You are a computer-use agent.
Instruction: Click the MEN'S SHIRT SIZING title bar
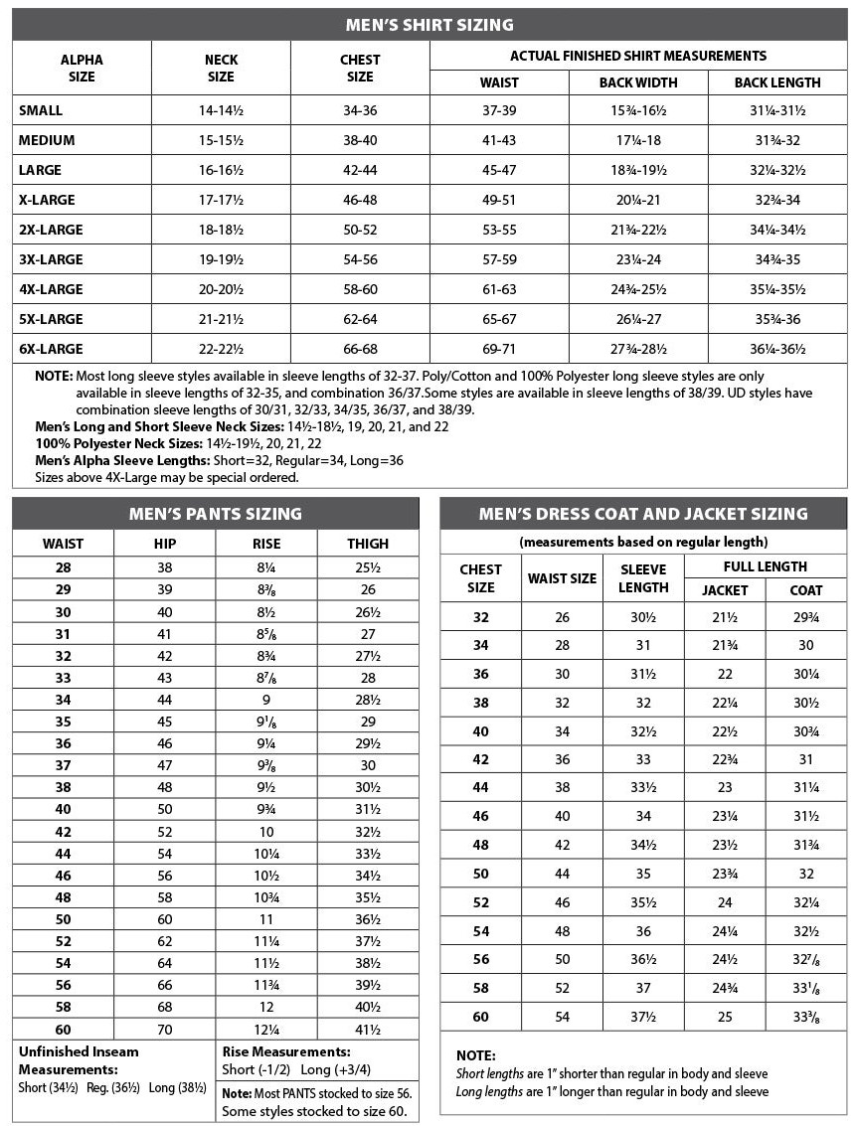[x=428, y=25]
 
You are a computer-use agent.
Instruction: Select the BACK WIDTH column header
[x=638, y=82]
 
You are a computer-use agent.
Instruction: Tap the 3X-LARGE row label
[x=51, y=259]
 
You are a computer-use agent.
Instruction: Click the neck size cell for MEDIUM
[x=221, y=140]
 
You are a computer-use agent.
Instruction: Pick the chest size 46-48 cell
[x=360, y=200]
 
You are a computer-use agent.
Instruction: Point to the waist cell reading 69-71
[x=499, y=349]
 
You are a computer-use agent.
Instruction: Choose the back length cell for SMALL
[x=777, y=110]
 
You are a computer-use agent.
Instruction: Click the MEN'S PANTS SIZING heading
[x=216, y=514]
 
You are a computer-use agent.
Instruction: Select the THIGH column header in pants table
[x=368, y=544]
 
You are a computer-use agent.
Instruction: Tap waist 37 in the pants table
[x=63, y=765]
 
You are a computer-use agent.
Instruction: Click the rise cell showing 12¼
[x=266, y=1030]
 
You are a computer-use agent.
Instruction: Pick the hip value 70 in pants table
[x=164, y=1030]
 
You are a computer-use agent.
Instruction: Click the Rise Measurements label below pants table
[x=286, y=1051]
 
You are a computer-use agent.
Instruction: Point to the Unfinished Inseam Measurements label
[x=79, y=1060]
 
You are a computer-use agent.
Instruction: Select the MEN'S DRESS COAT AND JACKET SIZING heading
[x=643, y=514]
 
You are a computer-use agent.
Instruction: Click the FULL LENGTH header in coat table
[x=766, y=565]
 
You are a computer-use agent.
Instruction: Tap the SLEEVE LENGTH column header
[x=643, y=577]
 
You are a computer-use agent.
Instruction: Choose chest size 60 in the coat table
[x=480, y=1017]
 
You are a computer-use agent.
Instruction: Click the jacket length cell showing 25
[x=725, y=1017]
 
